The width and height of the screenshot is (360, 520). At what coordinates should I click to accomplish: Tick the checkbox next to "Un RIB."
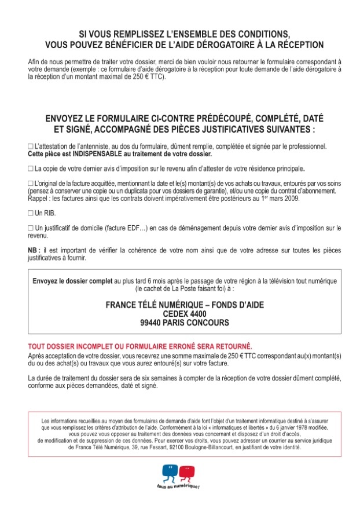coord(31,214)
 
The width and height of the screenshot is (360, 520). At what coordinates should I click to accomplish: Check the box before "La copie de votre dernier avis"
coord(31,169)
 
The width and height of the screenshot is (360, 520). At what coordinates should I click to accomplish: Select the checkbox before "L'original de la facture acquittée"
coord(31,184)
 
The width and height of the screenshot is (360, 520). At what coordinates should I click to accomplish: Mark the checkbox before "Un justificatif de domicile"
coord(31,228)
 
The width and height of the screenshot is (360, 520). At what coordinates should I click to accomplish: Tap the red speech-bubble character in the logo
coord(186,472)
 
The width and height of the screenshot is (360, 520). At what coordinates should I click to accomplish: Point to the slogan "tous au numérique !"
coord(178,486)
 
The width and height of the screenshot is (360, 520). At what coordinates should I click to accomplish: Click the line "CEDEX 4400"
coord(184,314)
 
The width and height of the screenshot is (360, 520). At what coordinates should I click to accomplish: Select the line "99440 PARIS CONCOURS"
coord(184,323)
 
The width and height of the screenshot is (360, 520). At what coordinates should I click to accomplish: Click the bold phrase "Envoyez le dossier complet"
coord(72,281)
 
